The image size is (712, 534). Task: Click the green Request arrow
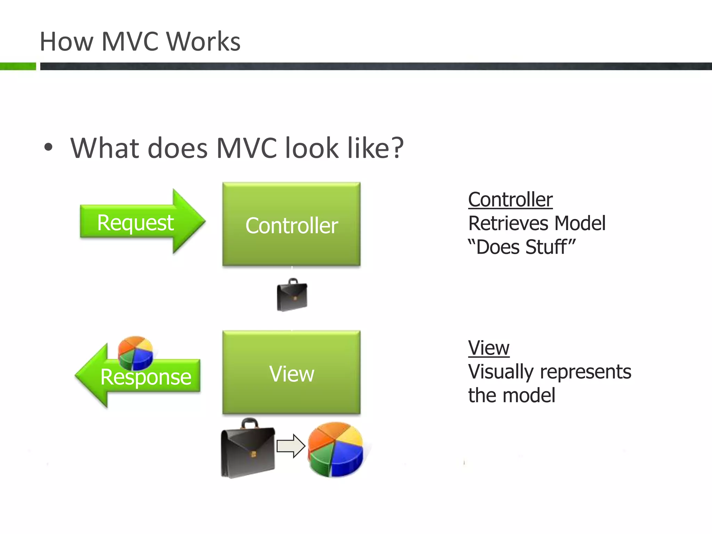click(x=139, y=222)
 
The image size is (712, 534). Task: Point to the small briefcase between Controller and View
click(x=292, y=295)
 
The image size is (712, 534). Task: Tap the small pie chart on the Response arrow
click(x=135, y=353)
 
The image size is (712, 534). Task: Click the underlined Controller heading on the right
click(x=510, y=200)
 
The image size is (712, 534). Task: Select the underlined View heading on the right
click(x=488, y=348)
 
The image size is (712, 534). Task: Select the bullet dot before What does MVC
click(x=48, y=147)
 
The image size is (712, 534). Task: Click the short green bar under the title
click(x=18, y=66)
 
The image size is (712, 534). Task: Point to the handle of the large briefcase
click(x=250, y=423)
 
